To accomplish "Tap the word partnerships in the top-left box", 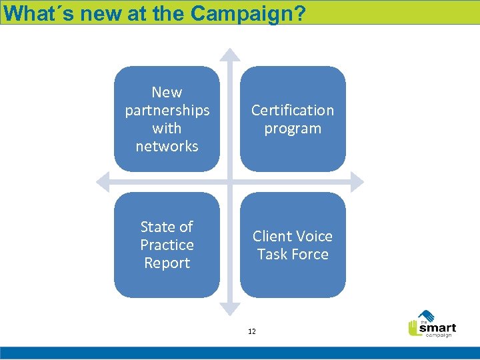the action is click(x=167, y=110).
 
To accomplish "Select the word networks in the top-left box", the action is click(x=167, y=146).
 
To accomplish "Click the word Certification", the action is click(x=293, y=110).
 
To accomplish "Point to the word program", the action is click(x=293, y=128).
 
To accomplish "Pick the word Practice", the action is click(x=167, y=245).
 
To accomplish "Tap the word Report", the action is click(x=167, y=263).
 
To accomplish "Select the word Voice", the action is click(x=314, y=236).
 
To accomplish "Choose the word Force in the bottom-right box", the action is click(x=311, y=254).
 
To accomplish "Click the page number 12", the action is click(x=251, y=331).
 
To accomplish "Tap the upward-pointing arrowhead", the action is click(x=230, y=54).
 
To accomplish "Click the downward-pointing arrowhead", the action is click(x=230, y=307).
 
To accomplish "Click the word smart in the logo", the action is click(x=437, y=327).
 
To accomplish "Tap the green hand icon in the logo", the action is click(x=414, y=327).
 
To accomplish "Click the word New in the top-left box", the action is click(x=167, y=92).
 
